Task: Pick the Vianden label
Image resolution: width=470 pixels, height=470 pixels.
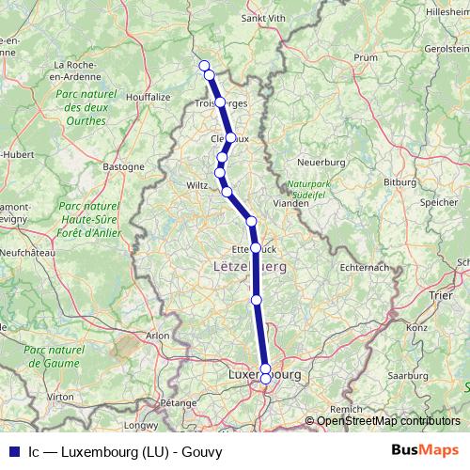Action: (x=301, y=200)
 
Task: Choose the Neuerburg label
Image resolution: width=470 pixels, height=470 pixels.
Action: (x=322, y=162)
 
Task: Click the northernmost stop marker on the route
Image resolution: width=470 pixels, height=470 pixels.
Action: (x=204, y=65)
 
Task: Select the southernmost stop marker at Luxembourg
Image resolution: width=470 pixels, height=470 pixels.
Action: (x=266, y=379)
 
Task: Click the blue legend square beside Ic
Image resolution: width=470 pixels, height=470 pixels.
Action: (x=11, y=449)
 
